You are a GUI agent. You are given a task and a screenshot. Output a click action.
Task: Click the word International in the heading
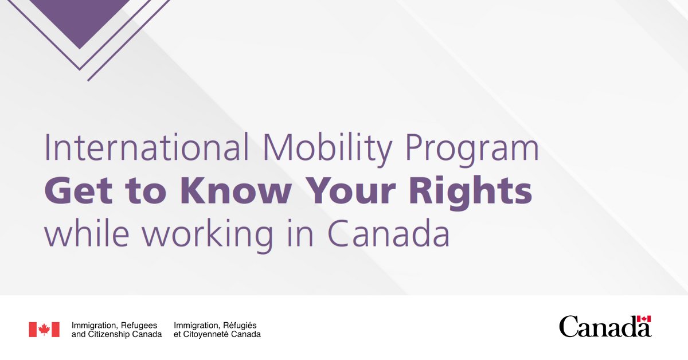147,147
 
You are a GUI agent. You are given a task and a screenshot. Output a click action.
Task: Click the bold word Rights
471,193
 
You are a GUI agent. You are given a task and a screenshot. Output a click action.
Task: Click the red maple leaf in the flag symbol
44,329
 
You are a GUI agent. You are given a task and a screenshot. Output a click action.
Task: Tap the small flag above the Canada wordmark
644,319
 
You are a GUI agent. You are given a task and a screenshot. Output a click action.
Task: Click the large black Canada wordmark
605,327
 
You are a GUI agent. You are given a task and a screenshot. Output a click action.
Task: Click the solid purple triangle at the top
80,17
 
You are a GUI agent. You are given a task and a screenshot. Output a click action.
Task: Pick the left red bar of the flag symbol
33,330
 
